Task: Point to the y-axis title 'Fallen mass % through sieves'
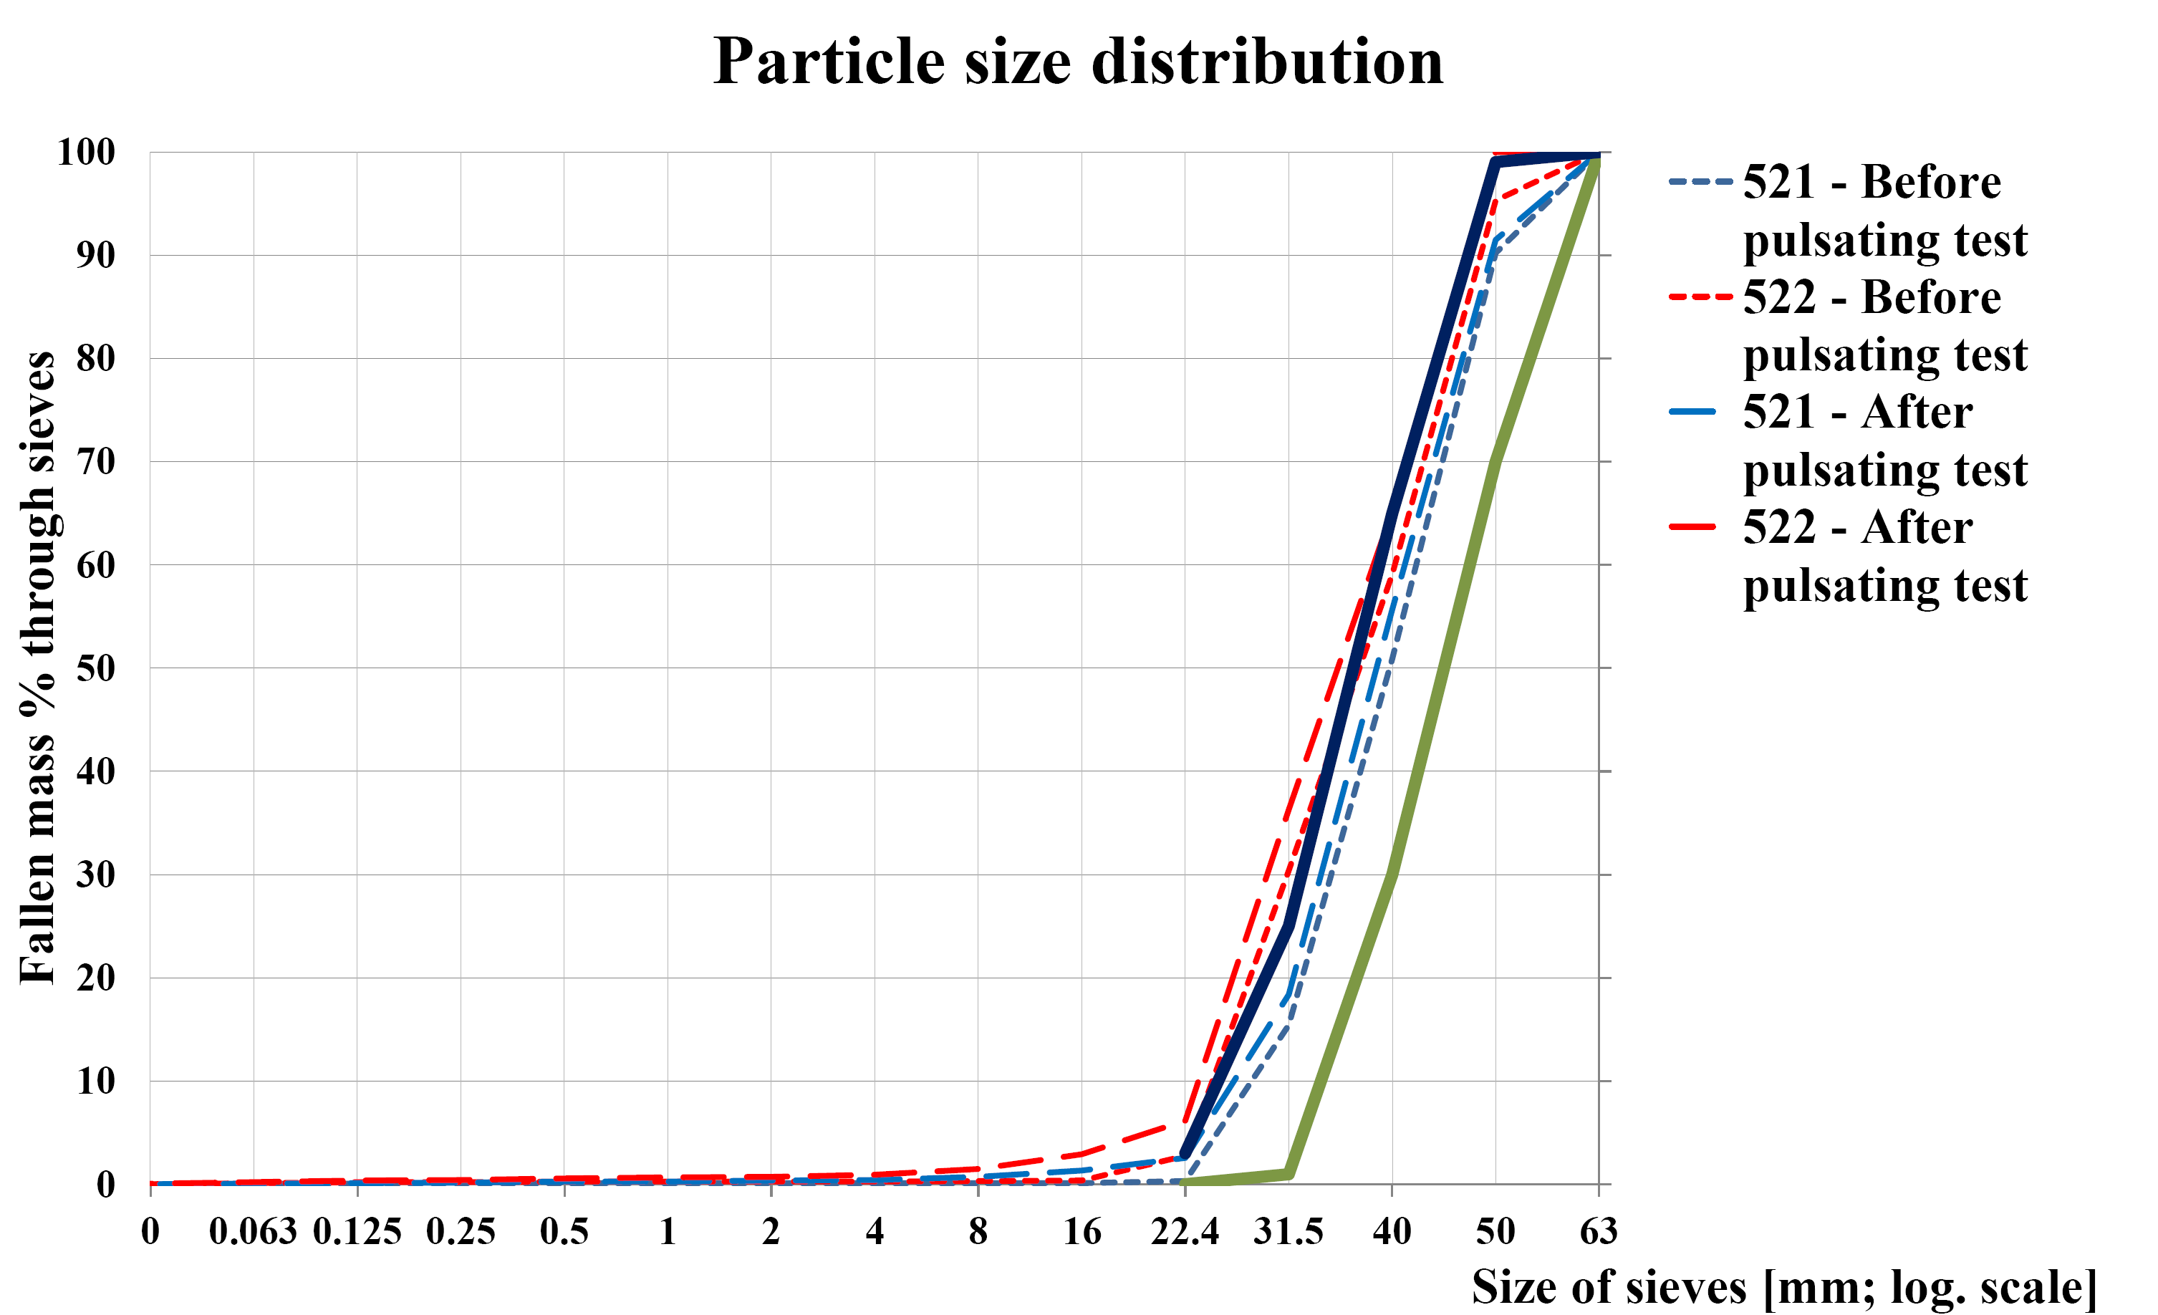[x=38, y=668]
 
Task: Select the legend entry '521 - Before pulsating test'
[x=1884, y=211]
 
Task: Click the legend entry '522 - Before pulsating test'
[x=1884, y=326]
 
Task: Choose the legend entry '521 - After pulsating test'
[x=1884, y=440]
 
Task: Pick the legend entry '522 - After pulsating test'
[x=1884, y=557]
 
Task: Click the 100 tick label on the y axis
[x=86, y=153]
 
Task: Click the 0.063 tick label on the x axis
[x=253, y=1232]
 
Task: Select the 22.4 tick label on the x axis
[x=1184, y=1232]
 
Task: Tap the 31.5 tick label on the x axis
[x=1288, y=1232]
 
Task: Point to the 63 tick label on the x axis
[x=1599, y=1232]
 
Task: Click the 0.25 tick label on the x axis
[x=461, y=1232]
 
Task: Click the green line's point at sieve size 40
[x=1392, y=874]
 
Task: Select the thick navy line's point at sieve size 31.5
[x=1288, y=926]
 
